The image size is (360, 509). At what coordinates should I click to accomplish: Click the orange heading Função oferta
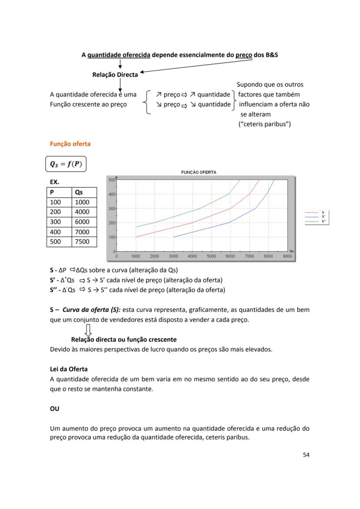(x=70, y=144)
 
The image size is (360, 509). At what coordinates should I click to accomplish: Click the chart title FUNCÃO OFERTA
(x=199, y=173)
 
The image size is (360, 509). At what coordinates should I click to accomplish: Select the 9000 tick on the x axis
(x=287, y=256)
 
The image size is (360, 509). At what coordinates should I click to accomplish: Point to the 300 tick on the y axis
(x=112, y=209)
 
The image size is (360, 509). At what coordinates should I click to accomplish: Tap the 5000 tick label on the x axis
(x=211, y=256)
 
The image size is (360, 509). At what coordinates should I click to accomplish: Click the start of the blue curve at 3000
(x=174, y=237)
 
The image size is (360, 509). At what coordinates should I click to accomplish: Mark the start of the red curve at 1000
(x=136, y=237)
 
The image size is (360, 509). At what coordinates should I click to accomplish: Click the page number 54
(x=306, y=455)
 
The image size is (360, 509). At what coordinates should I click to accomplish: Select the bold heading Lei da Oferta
(x=69, y=369)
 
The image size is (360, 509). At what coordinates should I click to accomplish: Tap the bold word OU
(x=55, y=409)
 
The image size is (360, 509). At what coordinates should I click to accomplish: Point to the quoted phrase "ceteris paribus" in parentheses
(x=264, y=124)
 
